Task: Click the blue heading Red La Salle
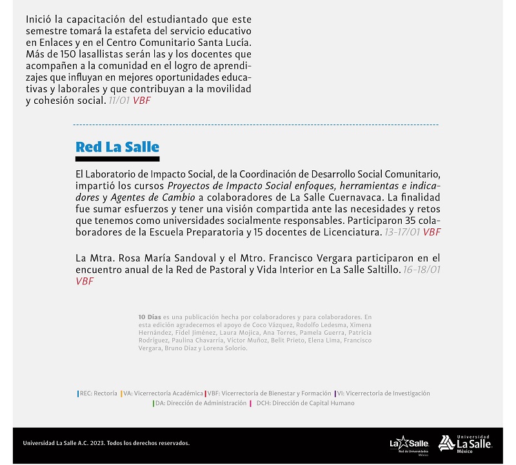pyautogui.click(x=117, y=146)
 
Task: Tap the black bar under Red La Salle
pyautogui.click(x=117, y=159)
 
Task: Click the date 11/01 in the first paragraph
pyautogui.click(x=119, y=101)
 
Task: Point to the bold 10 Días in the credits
pyautogui.click(x=150, y=317)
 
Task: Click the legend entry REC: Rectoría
pyautogui.click(x=98, y=393)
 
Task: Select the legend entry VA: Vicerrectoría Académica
pyautogui.click(x=163, y=393)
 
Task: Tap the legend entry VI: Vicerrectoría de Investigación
pyautogui.click(x=382, y=393)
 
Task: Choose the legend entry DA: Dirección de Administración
pyautogui.click(x=200, y=403)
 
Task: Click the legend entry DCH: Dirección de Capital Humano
pyautogui.click(x=302, y=403)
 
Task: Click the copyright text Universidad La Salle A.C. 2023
pyautogui.click(x=106, y=443)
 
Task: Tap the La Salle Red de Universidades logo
pyautogui.click(x=405, y=444)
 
